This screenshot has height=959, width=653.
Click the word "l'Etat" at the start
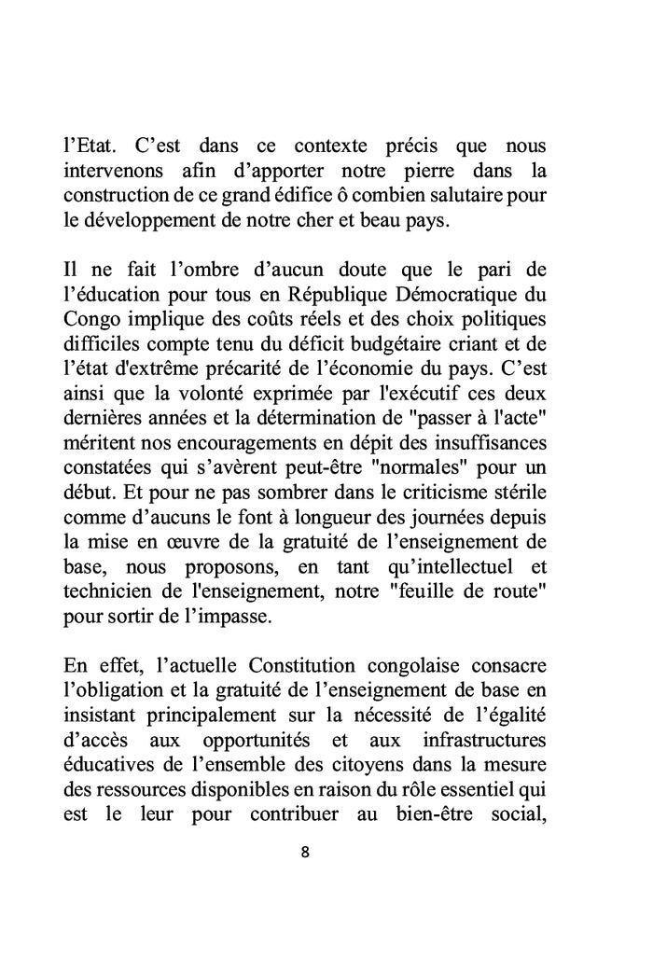click(x=89, y=147)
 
